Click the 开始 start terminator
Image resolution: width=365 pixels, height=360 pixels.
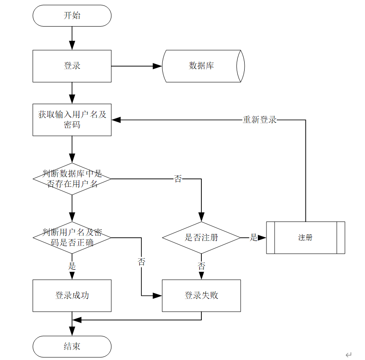tap(72, 15)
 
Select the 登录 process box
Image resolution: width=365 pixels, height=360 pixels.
tap(72, 66)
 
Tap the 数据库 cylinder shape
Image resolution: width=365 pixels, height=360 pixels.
tap(203, 66)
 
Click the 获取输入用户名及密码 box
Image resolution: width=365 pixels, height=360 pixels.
tap(72, 120)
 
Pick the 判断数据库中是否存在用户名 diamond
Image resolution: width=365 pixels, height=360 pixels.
tap(72, 179)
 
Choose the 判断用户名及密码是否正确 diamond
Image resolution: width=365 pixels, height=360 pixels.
tap(72, 237)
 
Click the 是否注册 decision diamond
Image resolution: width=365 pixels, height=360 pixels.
tap(201, 237)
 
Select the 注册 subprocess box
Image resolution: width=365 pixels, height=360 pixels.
tap(305, 237)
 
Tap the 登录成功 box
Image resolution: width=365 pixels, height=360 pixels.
tap(72, 295)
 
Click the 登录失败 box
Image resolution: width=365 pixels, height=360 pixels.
tap(201, 295)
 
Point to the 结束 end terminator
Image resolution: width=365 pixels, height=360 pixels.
tap(72, 346)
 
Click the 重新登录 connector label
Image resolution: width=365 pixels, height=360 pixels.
tap(260, 120)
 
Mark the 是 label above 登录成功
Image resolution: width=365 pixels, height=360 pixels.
tap(72, 266)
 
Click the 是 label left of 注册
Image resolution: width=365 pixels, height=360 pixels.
tap(254, 237)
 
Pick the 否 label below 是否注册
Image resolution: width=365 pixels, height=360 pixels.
tap(201, 266)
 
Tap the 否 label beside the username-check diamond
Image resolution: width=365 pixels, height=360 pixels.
tap(178, 179)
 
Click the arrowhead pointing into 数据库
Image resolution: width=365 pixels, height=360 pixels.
tap(157, 66)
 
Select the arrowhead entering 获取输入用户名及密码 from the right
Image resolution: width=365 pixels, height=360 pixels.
tap(116, 120)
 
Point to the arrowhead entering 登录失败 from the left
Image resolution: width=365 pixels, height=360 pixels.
tap(157, 296)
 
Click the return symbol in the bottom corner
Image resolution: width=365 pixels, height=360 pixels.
tap(348, 355)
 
